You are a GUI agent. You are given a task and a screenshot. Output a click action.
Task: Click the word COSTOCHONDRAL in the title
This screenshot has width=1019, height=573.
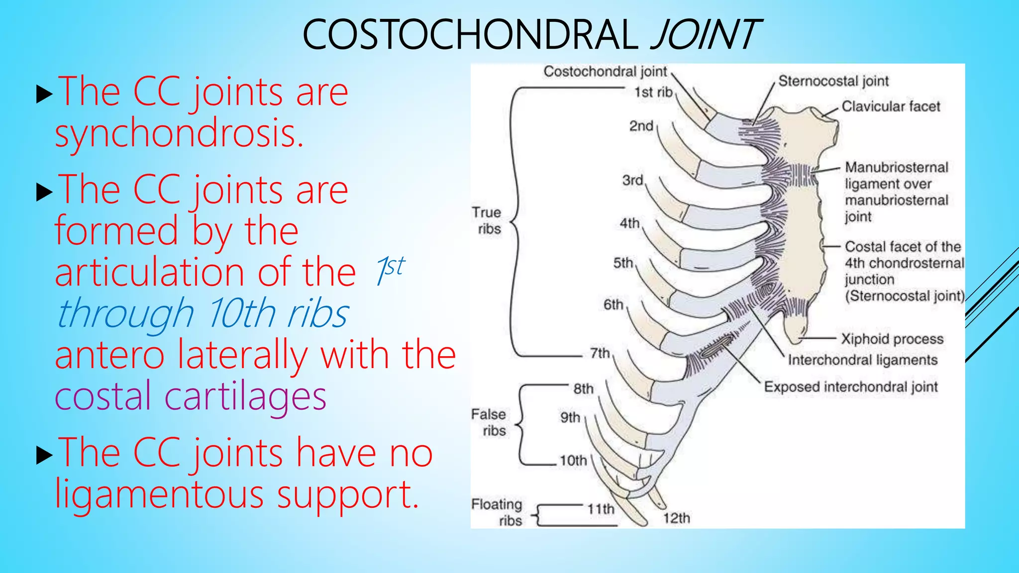click(470, 35)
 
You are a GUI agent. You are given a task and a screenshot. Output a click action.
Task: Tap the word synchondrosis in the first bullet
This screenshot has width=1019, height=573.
click(179, 134)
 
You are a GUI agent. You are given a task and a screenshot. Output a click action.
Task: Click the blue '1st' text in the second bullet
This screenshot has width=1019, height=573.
click(391, 270)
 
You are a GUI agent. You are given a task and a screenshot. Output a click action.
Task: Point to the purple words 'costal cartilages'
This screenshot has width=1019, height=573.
click(190, 396)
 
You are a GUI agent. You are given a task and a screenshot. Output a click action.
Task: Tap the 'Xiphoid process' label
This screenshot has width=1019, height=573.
click(892, 339)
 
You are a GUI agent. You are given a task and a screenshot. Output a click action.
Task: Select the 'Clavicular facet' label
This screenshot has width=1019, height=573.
click(891, 106)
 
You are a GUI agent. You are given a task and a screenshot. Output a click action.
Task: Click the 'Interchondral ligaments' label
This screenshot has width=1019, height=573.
click(862, 360)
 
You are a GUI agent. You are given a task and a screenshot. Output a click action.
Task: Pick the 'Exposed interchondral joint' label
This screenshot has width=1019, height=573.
click(851, 387)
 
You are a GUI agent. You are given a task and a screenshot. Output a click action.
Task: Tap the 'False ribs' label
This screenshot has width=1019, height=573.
click(490, 422)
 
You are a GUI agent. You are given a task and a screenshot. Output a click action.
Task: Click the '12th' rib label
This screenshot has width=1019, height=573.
click(677, 518)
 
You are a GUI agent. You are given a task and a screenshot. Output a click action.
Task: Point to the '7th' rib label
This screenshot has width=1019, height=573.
click(600, 353)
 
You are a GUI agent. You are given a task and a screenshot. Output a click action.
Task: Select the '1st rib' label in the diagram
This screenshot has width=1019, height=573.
click(653, 93)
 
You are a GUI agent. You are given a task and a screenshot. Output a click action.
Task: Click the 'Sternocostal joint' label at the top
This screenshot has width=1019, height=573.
click(833, 81)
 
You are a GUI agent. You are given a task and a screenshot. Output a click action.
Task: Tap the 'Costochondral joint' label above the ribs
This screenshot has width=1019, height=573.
click(605, 72)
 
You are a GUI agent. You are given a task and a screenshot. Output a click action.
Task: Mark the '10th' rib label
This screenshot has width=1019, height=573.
click(573, 461)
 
